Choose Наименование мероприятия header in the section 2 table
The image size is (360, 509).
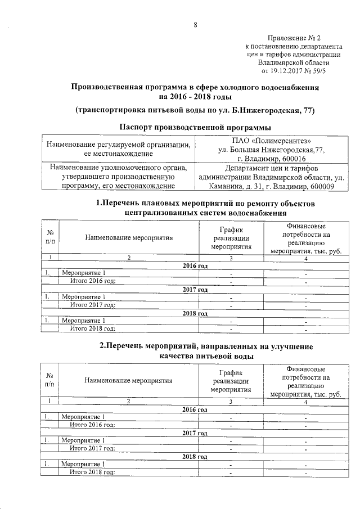click(x=129, y=380)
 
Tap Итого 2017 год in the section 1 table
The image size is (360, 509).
click(x=92, y=305)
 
